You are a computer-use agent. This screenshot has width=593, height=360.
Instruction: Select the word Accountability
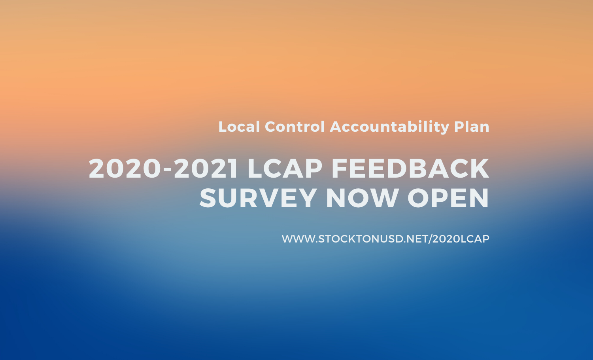(389, 127)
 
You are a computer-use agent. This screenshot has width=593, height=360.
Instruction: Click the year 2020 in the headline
(125, 169)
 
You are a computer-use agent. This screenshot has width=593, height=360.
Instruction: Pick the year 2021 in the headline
(206, 169)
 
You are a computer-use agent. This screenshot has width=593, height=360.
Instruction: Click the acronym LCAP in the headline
(285, 169)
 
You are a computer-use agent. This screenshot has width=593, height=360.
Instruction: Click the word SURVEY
(258, 198)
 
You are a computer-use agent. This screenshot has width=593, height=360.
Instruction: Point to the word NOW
(362, 198)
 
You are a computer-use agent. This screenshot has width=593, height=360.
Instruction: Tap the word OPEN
(448, 198)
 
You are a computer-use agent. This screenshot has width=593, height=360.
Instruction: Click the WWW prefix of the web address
(298, 239)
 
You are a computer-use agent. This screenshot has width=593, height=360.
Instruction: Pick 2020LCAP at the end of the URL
(461, 239)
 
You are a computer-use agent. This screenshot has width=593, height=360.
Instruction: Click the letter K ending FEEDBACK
(480, 169)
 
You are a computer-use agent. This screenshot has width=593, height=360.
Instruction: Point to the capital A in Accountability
(336, 127)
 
